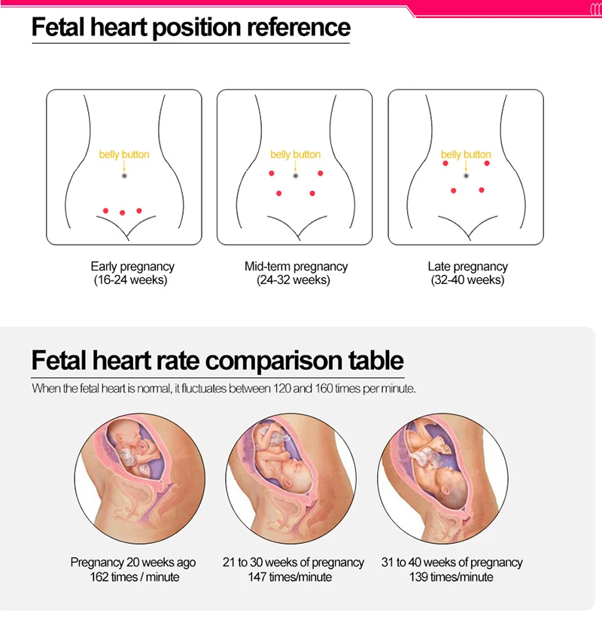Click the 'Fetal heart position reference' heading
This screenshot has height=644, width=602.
[x=191, y=27]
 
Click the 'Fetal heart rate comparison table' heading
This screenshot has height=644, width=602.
[x=217, y=360]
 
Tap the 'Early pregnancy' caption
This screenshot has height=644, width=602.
[x=132, y=266]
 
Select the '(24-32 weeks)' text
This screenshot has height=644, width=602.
[x=296, y=279]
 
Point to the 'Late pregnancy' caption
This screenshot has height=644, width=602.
[x=467, y=266]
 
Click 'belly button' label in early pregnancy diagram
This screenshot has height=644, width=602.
[x=124, y=154]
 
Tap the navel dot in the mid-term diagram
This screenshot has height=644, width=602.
[x=296, y=175]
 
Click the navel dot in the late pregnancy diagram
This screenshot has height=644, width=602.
[x=467, y=175]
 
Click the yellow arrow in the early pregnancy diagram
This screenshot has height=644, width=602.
[x=124, y=165]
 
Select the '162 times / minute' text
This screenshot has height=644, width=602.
[x=133, y=577]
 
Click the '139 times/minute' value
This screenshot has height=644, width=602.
[x=451, y=577]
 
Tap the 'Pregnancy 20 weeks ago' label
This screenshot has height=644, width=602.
[x=133, y=563]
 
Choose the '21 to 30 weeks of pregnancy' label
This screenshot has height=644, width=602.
[x=293, y=563]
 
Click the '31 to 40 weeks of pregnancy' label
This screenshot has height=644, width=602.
[x=451, y=563]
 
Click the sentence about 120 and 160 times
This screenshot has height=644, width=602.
[x=223, y=389]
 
